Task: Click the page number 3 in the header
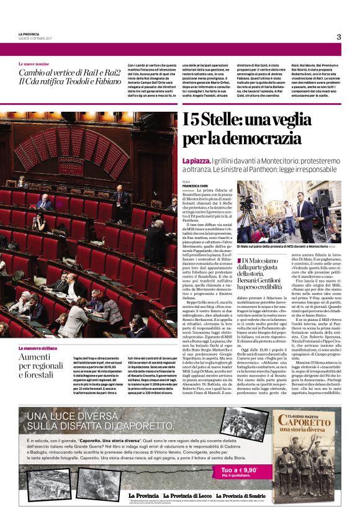coord(339,37)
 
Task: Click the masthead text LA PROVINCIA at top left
coord(29,34)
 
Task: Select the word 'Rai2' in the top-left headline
coord(106,72)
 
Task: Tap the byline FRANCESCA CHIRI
coord(196,185)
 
